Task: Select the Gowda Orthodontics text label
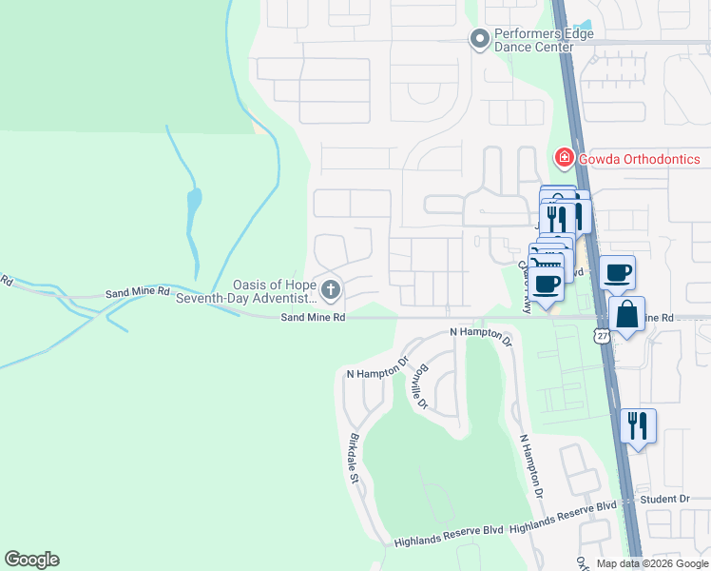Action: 639,159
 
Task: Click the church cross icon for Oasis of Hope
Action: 331,288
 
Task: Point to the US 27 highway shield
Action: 600,335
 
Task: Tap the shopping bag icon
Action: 627,314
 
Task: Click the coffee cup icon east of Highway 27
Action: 617,273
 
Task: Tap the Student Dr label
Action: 664,499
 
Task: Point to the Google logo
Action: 31,560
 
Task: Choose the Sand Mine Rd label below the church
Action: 312,319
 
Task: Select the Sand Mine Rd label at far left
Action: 7,281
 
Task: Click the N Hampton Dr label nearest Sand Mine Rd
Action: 480,335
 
